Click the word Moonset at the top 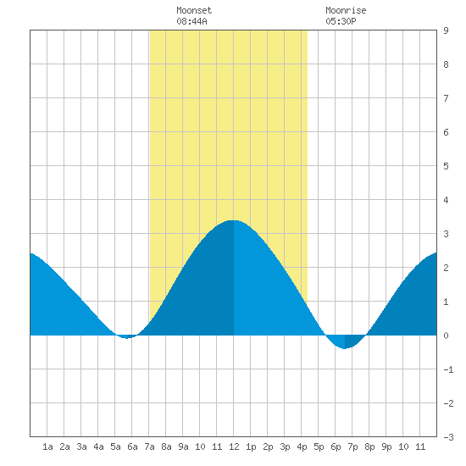click(x=194, y=10)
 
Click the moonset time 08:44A click(x=191, y=21)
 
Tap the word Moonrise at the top click(x=346, y=10)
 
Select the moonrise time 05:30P click(x=341, y=21)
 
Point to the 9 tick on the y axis click(x=446, y=31)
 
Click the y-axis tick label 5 click(x=446, y=166)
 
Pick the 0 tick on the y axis click(x=446, y=336)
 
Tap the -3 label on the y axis click(x=448, y=437)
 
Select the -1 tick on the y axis click(x=448, y=369)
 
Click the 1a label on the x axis click(x=47, y=447)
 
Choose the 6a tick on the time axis click(x=132, y=447)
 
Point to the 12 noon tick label click(x=234, y=447)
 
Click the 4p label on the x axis click(x=302, y=447)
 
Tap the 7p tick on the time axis click(x=352, y=447)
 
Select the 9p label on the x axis click(x=386, y=447)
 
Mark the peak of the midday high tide click(x=233, y=220)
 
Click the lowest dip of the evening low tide click(x=345, y=348)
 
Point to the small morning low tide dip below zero click(x=126, y=338)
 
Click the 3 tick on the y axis click(x=446, y=234)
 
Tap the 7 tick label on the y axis click(x=446, y=98)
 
